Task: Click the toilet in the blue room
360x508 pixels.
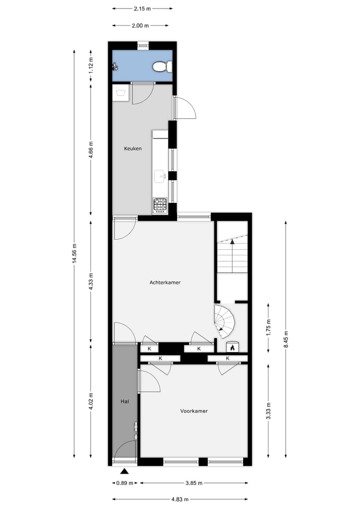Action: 162,66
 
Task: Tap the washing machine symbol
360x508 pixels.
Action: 120,92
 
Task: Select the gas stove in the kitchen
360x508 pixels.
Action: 160,205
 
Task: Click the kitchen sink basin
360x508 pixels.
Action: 160,175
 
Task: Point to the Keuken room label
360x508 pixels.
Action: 133,148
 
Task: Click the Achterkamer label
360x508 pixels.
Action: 165,282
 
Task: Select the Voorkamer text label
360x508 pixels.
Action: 194,411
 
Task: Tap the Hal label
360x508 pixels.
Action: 124,401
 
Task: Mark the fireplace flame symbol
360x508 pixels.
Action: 232,348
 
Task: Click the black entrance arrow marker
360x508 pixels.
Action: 124,471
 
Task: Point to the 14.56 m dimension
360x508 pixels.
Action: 74,253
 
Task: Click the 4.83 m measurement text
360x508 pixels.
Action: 179,499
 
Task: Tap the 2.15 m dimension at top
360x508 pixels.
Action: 142,8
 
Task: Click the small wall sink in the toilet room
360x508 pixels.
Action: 114,66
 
